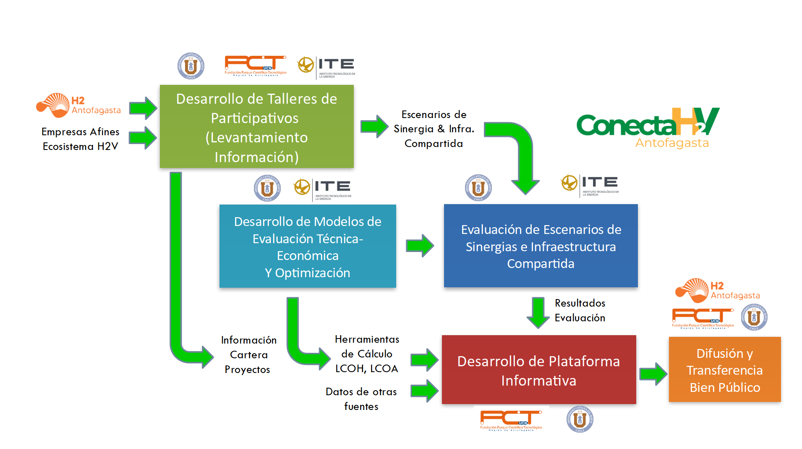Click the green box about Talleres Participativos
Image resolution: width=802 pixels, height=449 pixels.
(x=256, y=126)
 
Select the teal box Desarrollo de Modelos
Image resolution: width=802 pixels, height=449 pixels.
(x=307, y=246)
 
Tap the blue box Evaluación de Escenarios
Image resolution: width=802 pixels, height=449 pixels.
(x=541, y=246)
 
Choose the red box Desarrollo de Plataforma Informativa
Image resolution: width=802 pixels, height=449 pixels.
(x=538, y=370)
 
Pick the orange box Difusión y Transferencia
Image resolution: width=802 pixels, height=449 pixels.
(x=724, y=370)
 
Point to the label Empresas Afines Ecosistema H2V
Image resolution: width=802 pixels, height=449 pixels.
(x=80, y=139)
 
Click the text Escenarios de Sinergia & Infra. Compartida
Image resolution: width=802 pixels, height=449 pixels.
(x=434, y=129)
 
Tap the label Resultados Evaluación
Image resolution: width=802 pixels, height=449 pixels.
(x=580, y=310)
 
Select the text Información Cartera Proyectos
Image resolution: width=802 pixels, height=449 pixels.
(x=248, y=354)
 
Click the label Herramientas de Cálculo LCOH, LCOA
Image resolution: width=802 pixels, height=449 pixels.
(x=366, y=354)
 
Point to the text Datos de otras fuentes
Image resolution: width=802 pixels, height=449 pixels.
(x=361, y=399)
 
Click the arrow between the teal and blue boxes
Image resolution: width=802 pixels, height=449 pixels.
(x=420, y=245)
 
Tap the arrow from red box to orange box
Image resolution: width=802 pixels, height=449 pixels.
(x=653, y=373)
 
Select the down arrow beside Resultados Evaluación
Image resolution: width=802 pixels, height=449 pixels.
(x=538, y=312)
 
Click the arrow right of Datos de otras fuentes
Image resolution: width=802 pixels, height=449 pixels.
(x=424, y=391)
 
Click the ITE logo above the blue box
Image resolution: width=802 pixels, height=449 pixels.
(x=590, y=185)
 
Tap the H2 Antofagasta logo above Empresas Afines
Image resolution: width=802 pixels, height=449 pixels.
(x=78, y=105)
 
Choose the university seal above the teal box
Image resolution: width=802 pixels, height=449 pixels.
(x=267, y=188)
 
